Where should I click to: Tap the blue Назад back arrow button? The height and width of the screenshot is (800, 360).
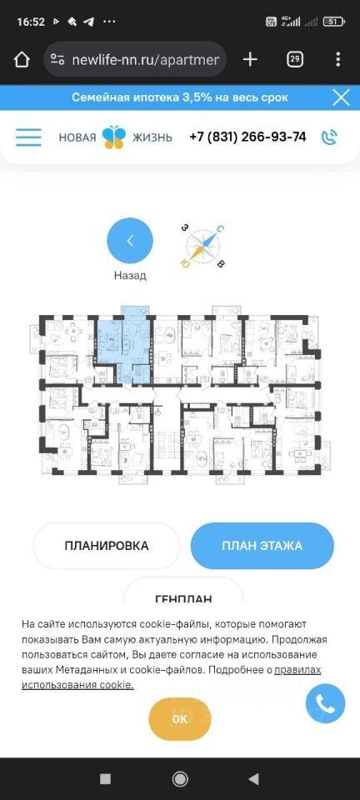129,240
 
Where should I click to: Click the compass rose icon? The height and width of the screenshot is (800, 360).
203,246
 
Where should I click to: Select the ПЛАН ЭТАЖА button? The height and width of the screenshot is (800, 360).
262,545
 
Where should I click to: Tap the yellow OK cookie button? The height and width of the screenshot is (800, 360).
179,719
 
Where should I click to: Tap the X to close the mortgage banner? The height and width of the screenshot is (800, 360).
341,97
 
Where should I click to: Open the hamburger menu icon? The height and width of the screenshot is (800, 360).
28,137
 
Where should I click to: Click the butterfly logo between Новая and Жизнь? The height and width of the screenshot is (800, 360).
113,137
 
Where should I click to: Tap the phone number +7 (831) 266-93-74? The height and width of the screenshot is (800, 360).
247,137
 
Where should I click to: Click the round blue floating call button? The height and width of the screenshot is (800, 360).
325,703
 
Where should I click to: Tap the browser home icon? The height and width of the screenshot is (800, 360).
22,60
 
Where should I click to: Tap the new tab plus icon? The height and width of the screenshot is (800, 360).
250,60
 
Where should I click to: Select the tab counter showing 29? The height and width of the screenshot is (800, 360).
294,60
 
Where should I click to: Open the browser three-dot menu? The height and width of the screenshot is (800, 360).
337,60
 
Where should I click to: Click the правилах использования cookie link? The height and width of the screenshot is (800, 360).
172,677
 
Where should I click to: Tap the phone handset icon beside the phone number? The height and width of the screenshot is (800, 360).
329,137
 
